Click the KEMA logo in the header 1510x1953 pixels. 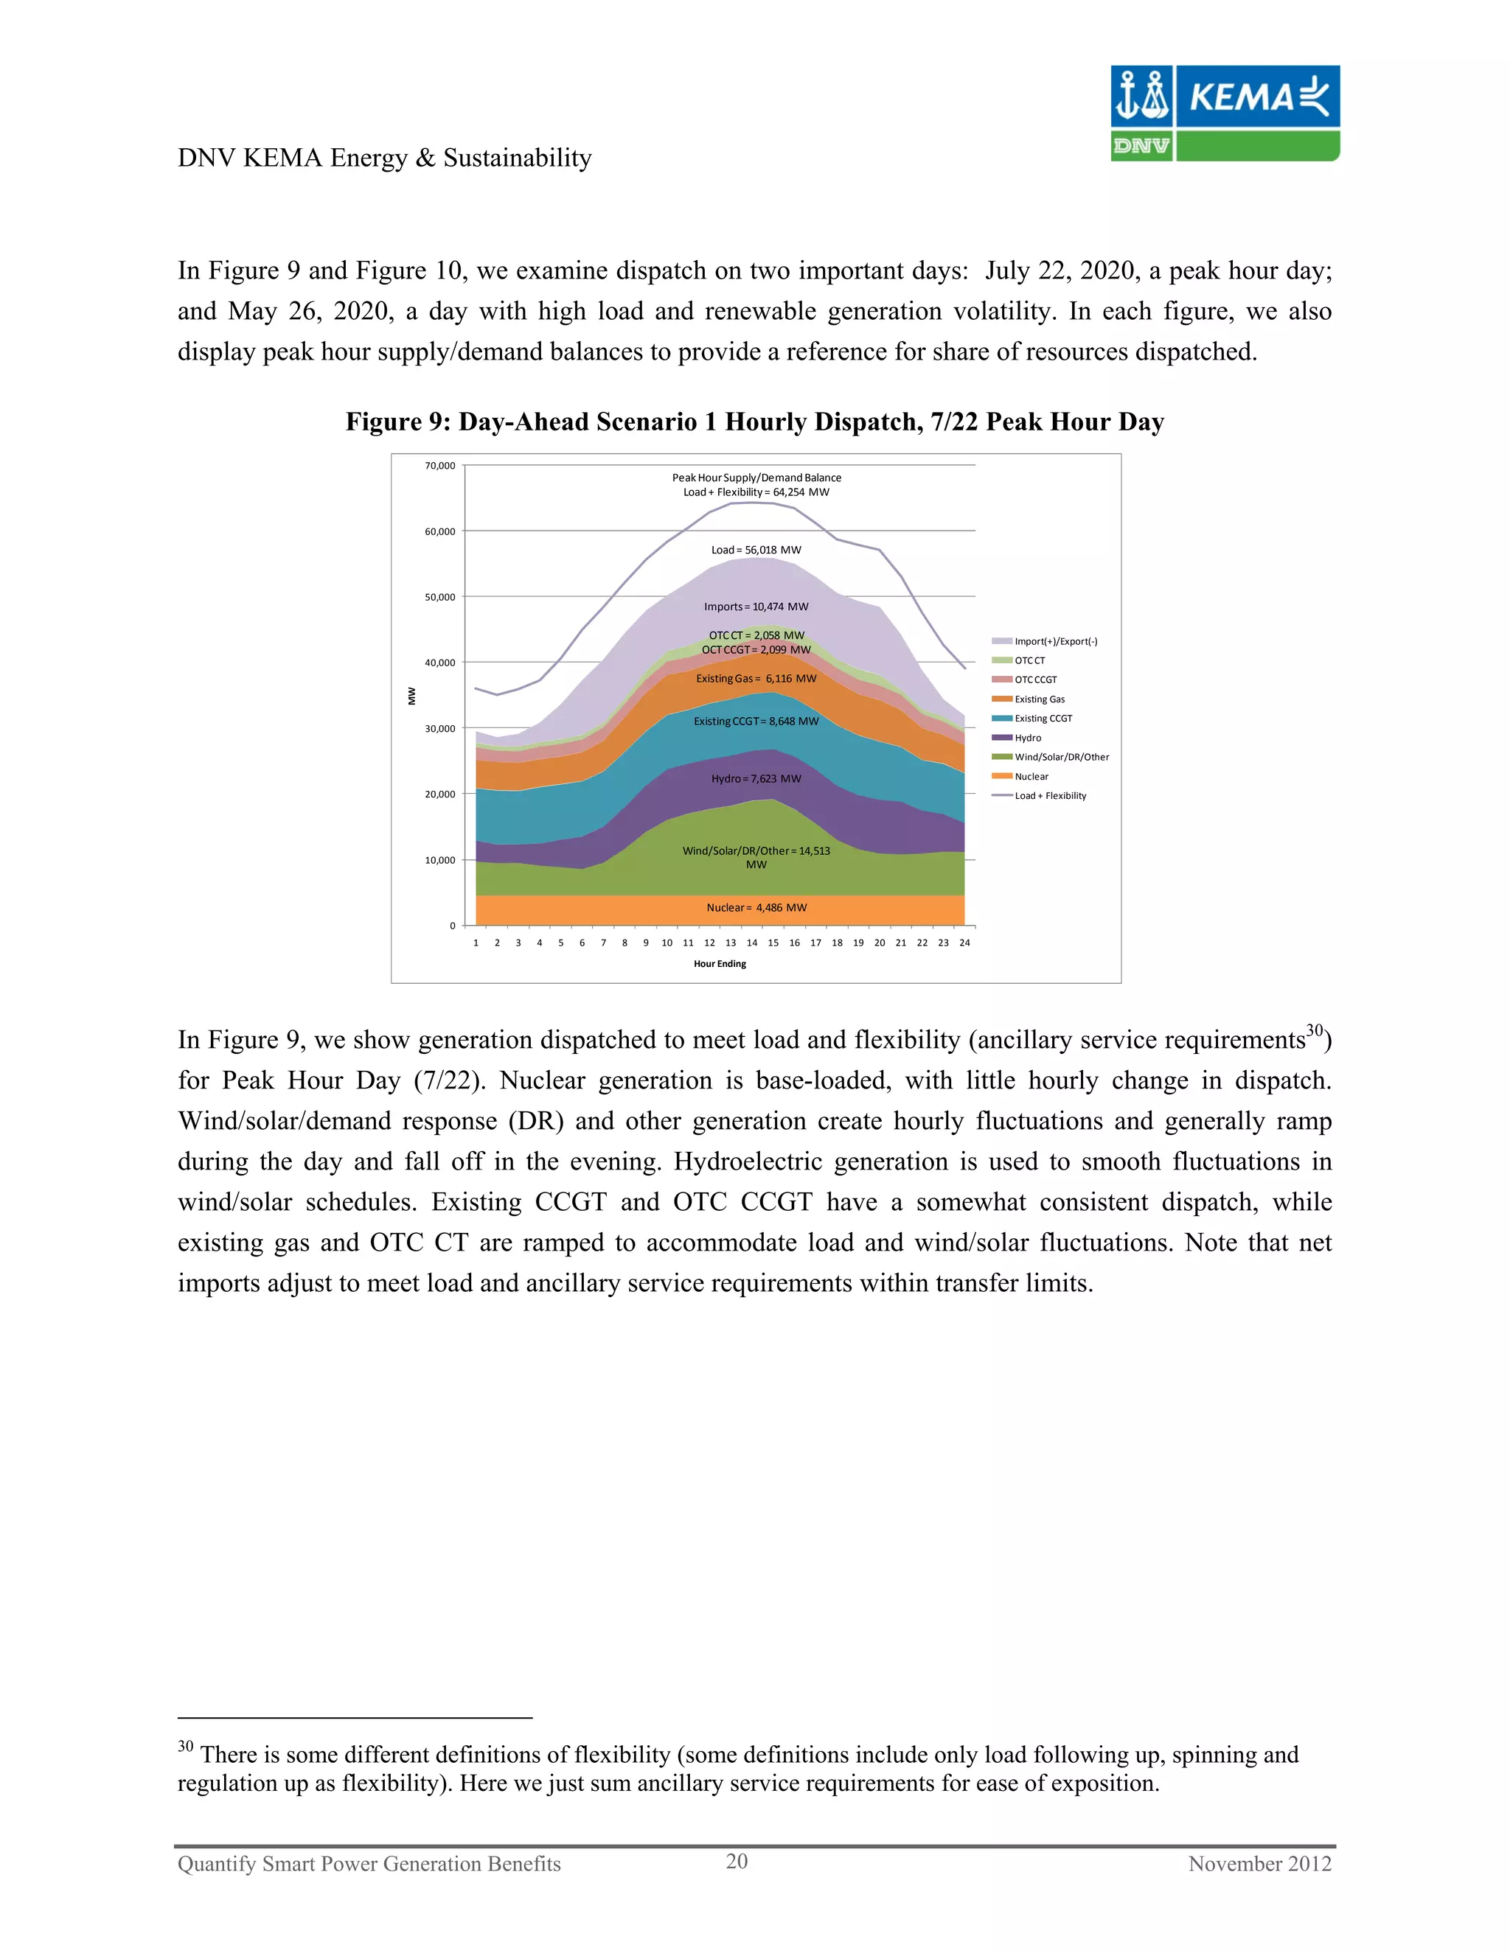1225,113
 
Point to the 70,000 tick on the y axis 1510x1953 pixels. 439,466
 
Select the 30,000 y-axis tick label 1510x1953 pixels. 439,729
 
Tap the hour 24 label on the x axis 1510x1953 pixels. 964,943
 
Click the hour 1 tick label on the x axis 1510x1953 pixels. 476,943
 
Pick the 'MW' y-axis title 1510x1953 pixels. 412,696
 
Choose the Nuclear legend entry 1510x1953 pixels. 1031,776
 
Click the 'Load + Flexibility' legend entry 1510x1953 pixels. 1049,796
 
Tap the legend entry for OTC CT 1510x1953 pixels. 1029,661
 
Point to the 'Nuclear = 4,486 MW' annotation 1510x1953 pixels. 756,908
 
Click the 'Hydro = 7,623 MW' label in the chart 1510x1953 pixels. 756,779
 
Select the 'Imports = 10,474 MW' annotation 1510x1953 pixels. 756,607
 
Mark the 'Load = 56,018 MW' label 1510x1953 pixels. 756,550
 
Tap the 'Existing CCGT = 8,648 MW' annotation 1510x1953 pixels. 756,722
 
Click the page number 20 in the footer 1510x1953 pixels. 737,1862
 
